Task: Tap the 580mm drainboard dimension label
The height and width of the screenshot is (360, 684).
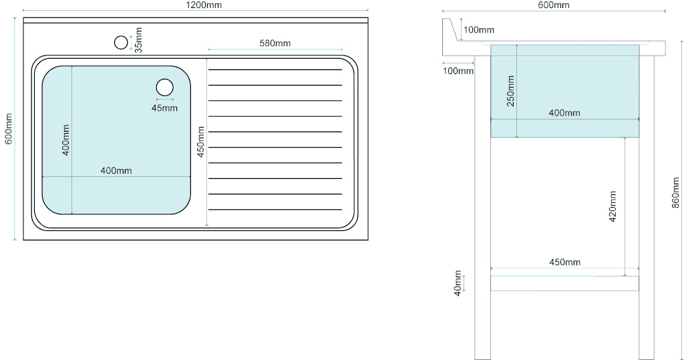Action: (x=275, y=43)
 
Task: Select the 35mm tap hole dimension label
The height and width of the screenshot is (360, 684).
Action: (x=138, y=40)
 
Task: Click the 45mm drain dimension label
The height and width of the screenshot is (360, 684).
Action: (x=164, y=108)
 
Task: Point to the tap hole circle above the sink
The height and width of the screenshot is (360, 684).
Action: (x=121, y=43)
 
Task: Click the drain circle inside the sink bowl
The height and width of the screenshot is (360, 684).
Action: (x=164, y=87)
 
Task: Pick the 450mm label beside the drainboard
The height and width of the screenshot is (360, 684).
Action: (x=200, y=142)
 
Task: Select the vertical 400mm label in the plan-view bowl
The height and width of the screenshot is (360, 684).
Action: (x=66, y=140)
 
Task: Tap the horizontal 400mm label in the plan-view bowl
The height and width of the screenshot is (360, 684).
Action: (x=116, y=170)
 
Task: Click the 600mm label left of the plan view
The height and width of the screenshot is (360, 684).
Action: (x=9, y=128)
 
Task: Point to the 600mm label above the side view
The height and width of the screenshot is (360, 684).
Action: (x=554, y=5)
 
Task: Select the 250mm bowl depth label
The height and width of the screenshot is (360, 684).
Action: (x=510, y=91)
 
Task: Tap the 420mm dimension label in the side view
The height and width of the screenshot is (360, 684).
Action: (x=613, y=206)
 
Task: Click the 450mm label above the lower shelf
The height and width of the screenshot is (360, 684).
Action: (x=564, y=262)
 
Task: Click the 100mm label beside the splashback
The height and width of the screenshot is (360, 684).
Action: (x=478, y=29)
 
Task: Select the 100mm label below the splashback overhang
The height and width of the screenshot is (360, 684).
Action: (x=458, y=71)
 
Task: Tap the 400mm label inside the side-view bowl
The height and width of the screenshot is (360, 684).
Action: (x=564, y=112)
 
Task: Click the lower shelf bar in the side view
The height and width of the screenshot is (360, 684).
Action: (x=564, y=283)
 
